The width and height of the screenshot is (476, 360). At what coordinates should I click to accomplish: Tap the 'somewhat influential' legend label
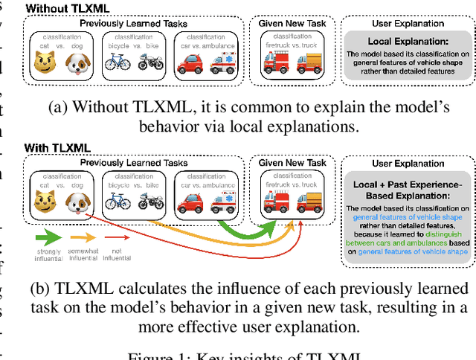(x=84, y=255)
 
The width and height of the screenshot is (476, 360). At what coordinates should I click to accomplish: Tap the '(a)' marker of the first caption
(x=59, y=107)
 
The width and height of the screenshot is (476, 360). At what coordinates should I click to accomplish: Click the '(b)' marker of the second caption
(x=38, y=287)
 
